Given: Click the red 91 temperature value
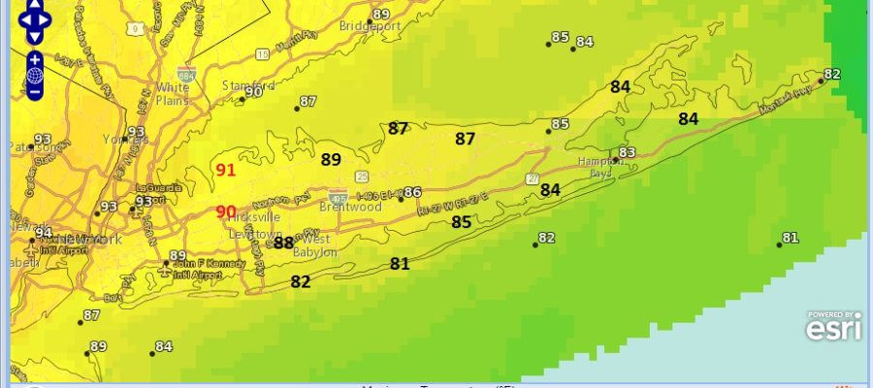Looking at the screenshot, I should coord(226,171).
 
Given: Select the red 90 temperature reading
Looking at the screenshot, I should coord(226,212).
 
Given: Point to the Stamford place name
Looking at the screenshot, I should coord(242,85).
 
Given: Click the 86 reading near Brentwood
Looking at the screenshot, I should coord(412,192).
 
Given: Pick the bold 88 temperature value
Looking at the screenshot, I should coord(283,242).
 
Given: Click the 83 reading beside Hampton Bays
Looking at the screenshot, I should coord(627,152).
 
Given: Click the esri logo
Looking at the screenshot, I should coord(832,330).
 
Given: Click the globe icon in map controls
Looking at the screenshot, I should coord(35,75).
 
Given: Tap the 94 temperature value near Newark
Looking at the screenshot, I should coord(44,233).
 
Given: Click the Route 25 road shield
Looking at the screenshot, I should coord(361,176).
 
